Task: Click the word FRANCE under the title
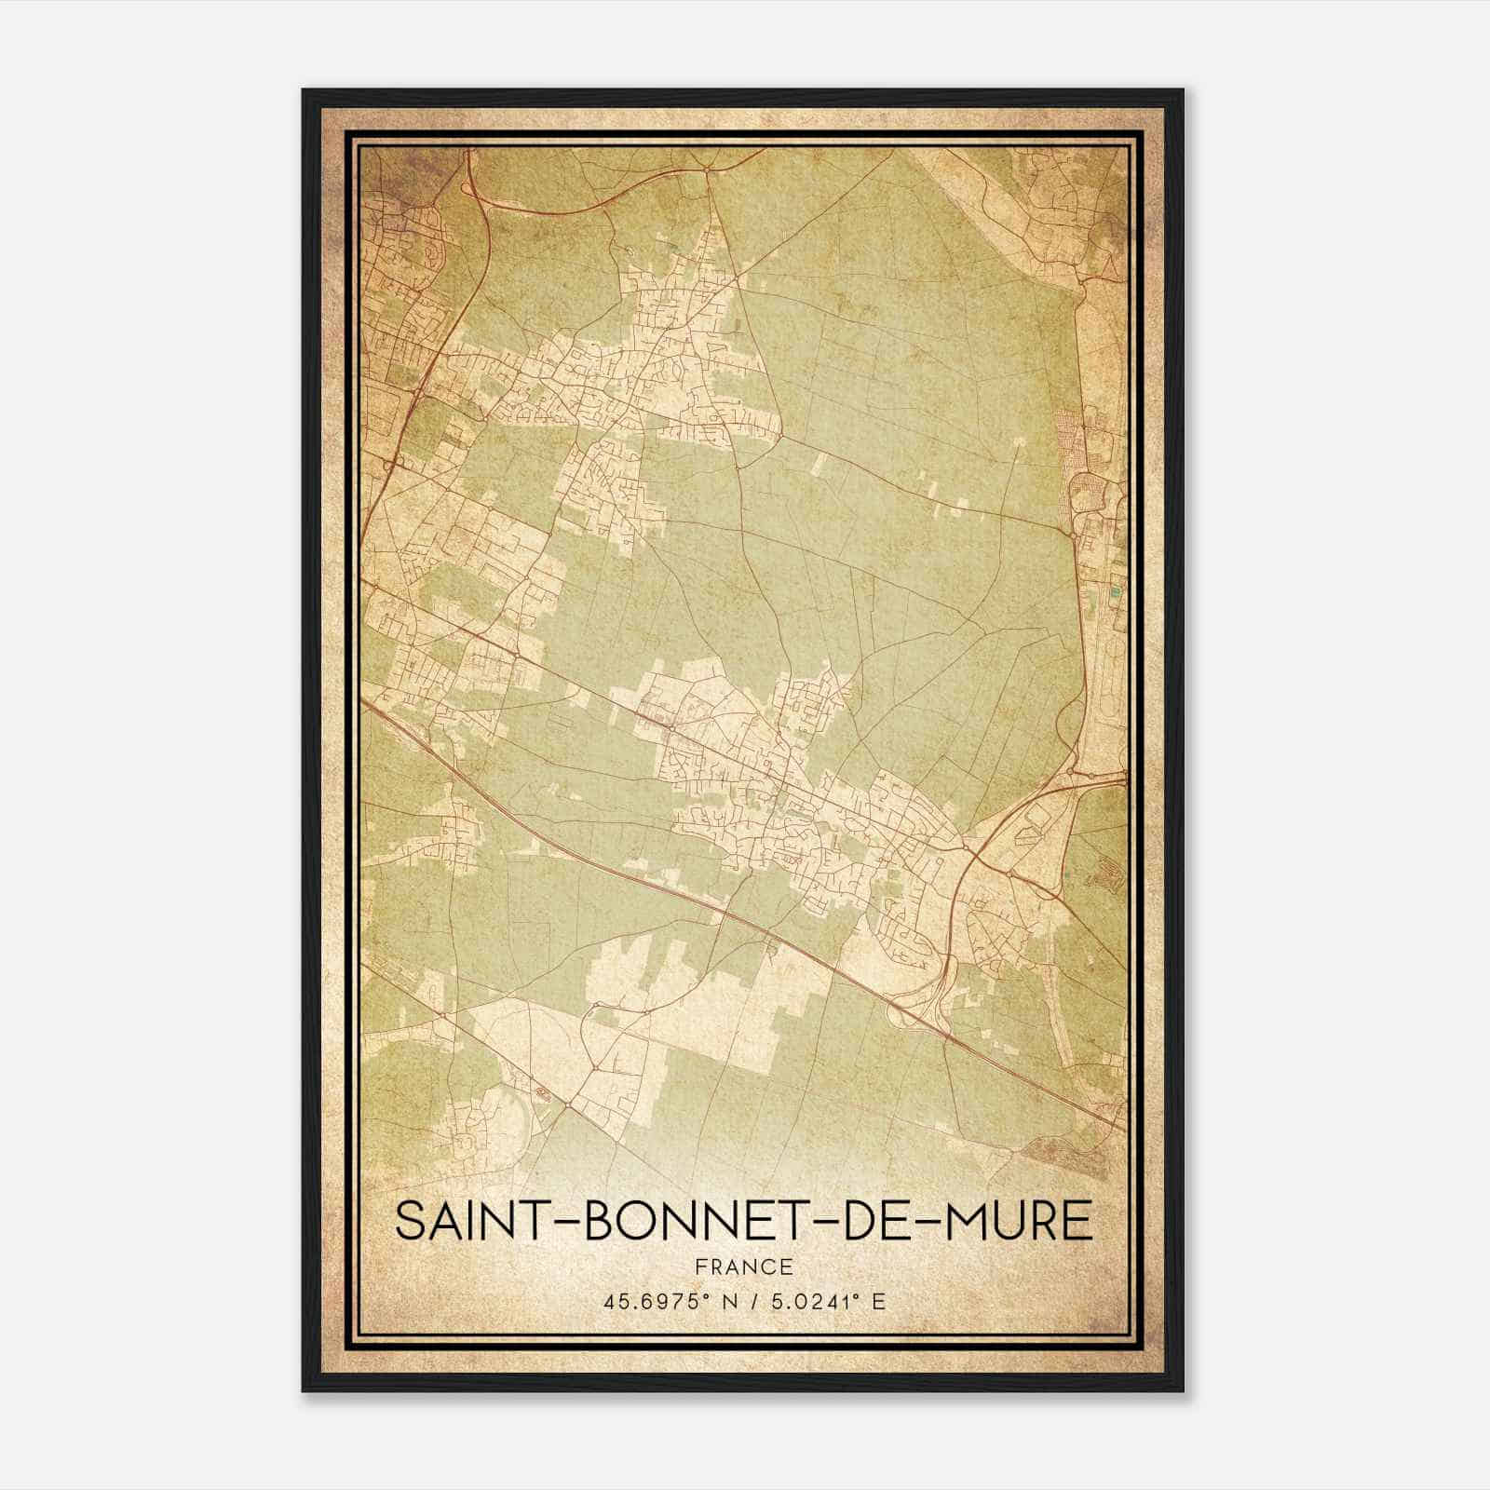(743, 1267)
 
